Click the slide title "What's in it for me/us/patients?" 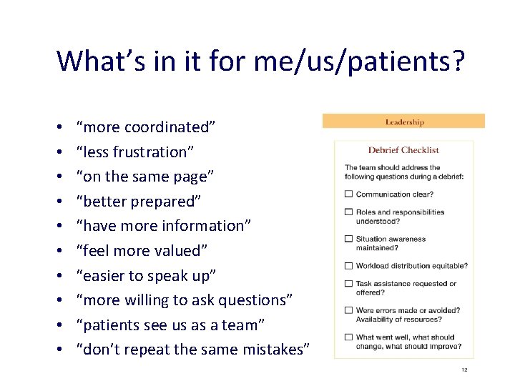click(260, 61)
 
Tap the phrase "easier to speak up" click(150, 275)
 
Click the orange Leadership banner click(403, 122)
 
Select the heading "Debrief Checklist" click(403, 150)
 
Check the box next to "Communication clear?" click(349, 194)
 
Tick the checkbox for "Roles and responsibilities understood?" click(349, 212)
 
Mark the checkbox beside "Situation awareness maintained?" click(349, 239)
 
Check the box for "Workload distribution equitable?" click(349, 266)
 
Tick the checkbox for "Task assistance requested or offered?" click(349, 284)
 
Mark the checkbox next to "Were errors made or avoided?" click(349, 310)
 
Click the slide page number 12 click(463, 370)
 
